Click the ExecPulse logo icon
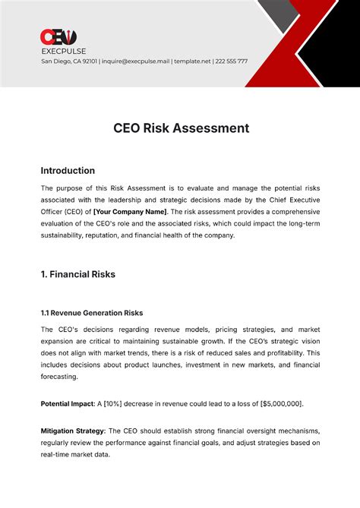coord(58,36)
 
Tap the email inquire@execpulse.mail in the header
coord(132,61)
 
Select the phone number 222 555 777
coord(232,61)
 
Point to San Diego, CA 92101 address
coord(68,61)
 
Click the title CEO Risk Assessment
coord(180,128)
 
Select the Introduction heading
coord(68,170)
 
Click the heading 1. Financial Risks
coord(77,274)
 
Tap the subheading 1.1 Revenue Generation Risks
coord(91,313)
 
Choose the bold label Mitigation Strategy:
coord(74,431)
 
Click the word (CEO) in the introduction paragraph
coord(76,211)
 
